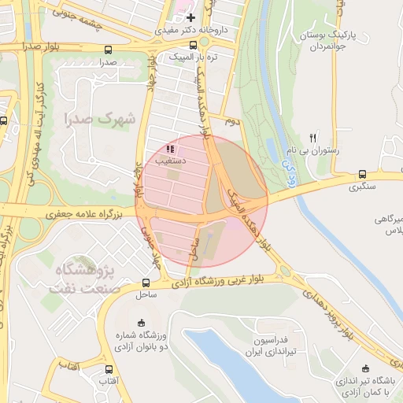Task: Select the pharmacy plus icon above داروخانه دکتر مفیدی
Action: (x=190, y=17)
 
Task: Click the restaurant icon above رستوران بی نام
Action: (x=313, y=137)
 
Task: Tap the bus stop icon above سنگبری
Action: (x=362, y=175)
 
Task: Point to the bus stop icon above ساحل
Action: (x=146, y=283)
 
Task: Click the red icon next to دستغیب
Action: (x=171, y=148)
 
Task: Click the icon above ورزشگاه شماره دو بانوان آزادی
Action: (x=141, y=322)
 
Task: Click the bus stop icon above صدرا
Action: (x=108, y=50)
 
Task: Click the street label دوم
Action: (x=231, y=122)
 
